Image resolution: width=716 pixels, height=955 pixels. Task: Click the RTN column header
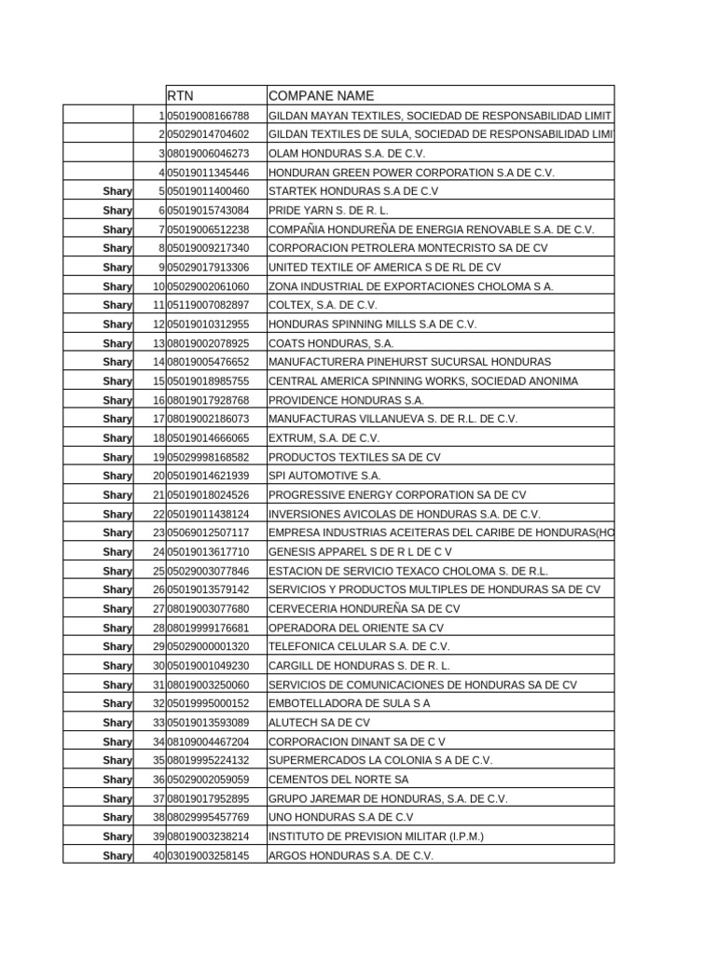182,95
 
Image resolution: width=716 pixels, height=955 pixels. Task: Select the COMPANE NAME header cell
321,95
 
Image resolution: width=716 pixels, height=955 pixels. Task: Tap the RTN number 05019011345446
209,173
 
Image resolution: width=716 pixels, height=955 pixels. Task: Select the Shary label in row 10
117,286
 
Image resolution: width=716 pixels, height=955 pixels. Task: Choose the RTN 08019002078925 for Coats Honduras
209,343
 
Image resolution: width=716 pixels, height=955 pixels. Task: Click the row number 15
158,381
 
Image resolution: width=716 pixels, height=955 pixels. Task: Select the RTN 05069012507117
209,533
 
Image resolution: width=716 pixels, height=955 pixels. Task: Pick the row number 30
158,666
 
